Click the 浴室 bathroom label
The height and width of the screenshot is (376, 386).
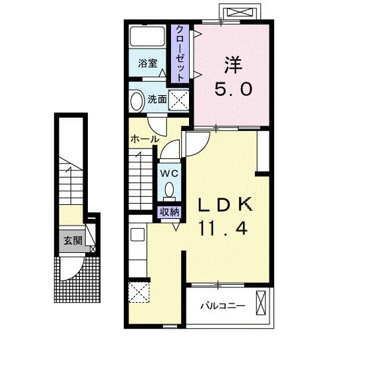148,63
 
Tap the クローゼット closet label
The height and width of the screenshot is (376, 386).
180,54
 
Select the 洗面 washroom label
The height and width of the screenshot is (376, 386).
157,99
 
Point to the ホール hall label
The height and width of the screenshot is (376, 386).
145,139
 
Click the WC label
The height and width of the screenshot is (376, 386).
169,174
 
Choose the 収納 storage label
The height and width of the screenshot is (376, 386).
170,212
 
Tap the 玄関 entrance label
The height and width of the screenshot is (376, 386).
73,240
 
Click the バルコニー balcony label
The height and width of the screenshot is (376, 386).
222,306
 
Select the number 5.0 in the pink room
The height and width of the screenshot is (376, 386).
234,89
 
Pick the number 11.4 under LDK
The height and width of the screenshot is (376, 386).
223,228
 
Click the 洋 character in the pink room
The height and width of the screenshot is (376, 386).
233,65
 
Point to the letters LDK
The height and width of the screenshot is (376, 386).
226,204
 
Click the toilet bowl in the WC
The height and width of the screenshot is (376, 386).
169,190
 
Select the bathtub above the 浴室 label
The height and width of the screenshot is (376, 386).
147,36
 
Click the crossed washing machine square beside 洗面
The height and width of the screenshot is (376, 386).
179,100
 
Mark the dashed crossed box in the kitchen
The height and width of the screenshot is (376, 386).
139,292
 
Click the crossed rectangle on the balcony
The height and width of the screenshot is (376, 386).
261,303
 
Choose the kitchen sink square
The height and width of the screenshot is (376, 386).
137,235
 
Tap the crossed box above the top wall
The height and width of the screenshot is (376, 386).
240,12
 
